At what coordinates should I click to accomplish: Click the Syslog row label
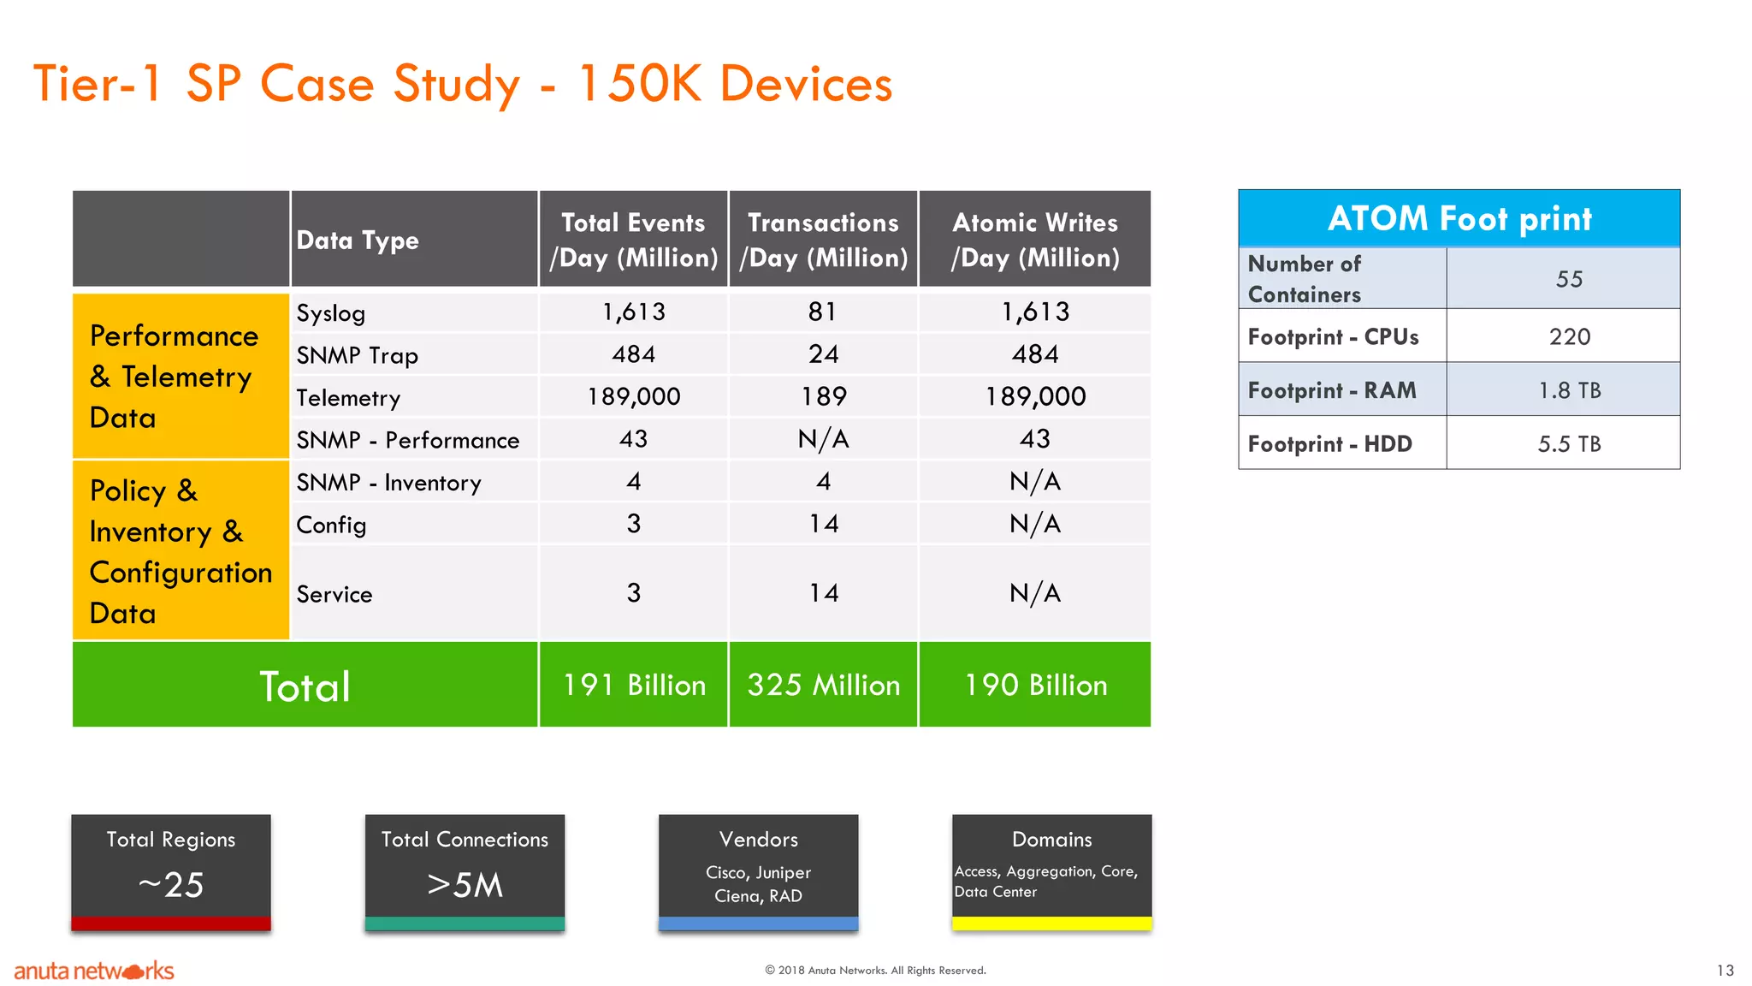click(331, 313)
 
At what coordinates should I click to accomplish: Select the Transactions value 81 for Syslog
click(822, 312)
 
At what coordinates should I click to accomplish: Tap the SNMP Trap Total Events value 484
click(633, 354)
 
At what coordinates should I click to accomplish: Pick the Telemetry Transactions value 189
click(823, 396)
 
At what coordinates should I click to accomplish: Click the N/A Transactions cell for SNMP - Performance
click(823, 439)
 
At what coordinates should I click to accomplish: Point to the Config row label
click(331, 525)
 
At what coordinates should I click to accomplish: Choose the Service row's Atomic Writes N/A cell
click(1034, 593)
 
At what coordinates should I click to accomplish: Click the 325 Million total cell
click(823, 685)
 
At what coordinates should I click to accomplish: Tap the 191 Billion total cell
click(633, 685)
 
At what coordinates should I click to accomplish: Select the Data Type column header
click(358, 241)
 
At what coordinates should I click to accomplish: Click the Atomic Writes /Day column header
click(1034, 240)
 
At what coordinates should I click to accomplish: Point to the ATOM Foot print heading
click(1459, 219)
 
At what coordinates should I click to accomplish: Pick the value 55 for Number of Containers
click(1569, 279)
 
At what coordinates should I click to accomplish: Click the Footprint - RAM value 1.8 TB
click(1569, 390)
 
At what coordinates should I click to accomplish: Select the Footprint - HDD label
click(1329, 444)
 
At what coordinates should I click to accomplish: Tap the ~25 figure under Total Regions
click(171, 885)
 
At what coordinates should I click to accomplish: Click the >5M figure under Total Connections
click(465, 885)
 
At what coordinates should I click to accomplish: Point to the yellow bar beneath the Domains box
click(1051, 924)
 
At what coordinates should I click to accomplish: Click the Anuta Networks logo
click(94, 971)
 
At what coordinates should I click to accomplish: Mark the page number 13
click(1725, 971)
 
